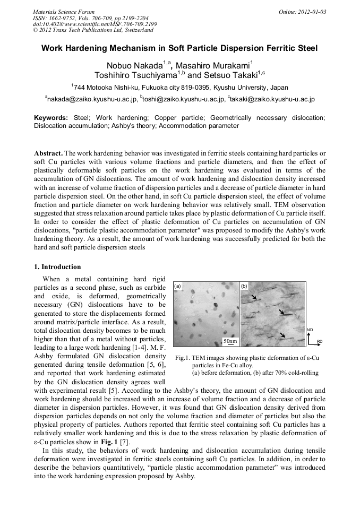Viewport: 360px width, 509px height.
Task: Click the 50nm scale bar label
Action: pyautogui.click(x=229, y=340)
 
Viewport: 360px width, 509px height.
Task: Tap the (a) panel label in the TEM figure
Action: pyautogui.click(x=178, y=286)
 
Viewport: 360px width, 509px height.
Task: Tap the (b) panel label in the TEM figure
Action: pyautogui.click(x=244, y=286)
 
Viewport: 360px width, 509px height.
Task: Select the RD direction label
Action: pyautogui.click(x=320, y=341)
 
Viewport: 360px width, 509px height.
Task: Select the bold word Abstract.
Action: pyautogui.click(x=48, y=152)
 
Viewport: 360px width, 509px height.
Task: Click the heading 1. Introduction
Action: pyautogui.click(x=57, y=267)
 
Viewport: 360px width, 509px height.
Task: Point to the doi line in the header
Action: pyautogui.click(x=95, y=24)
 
